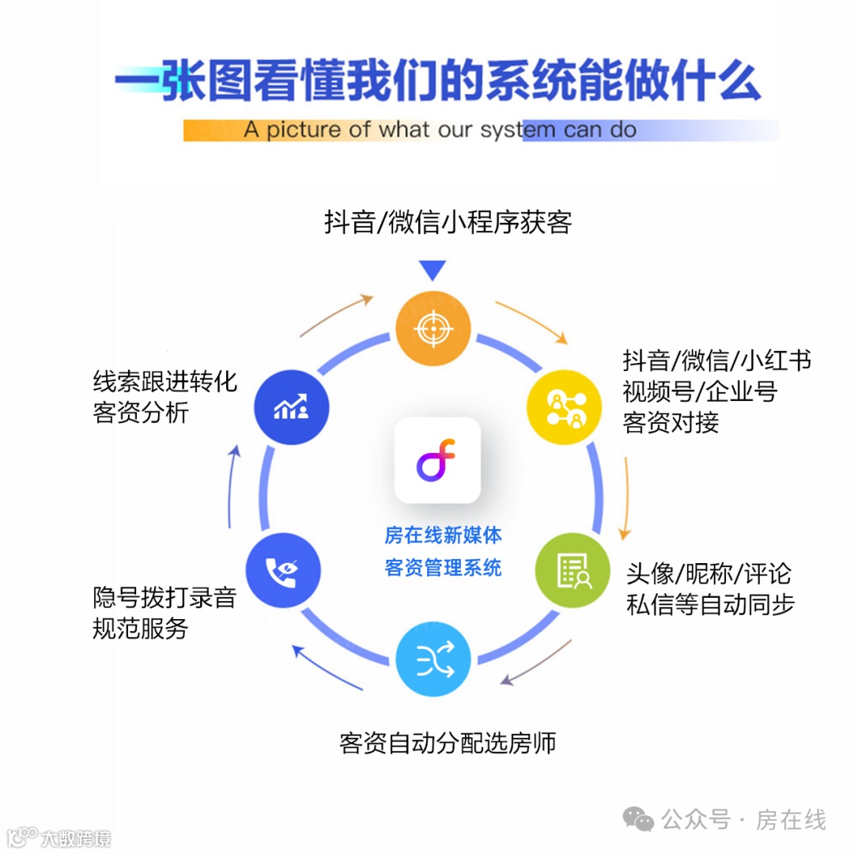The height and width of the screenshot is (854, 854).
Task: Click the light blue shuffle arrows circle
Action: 433,659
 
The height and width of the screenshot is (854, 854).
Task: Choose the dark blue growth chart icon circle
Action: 291,408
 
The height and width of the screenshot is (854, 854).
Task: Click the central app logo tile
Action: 437,460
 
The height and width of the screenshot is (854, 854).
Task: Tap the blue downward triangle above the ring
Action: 433,271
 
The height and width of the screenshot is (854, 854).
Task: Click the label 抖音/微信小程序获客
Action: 448,223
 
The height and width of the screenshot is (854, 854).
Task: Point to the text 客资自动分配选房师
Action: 448,743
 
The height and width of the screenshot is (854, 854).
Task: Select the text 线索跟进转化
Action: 164,382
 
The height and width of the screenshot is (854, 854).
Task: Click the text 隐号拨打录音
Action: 164,597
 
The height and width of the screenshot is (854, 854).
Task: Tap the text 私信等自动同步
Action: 709,604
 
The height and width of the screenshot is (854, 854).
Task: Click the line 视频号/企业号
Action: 700,391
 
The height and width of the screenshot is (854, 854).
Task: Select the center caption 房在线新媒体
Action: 443,535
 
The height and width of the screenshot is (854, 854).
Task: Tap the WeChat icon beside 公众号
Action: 638,819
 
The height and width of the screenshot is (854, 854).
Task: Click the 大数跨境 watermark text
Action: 76,838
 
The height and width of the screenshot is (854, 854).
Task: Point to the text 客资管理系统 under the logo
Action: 443,568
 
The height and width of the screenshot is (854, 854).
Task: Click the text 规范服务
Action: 141,629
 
